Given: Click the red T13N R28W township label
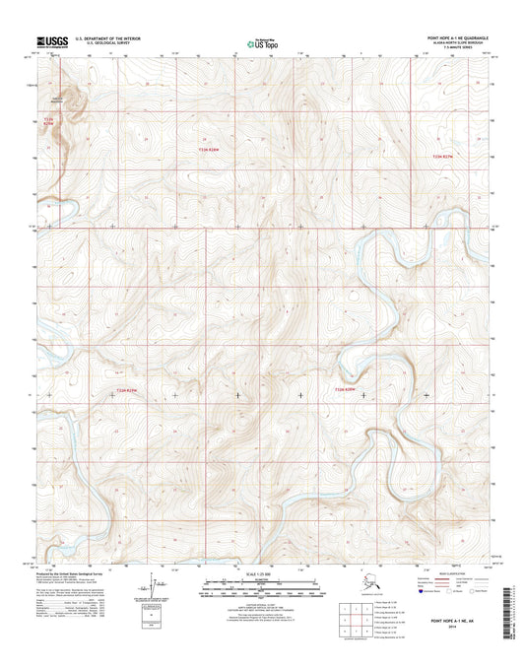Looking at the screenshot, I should pos(209,150).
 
